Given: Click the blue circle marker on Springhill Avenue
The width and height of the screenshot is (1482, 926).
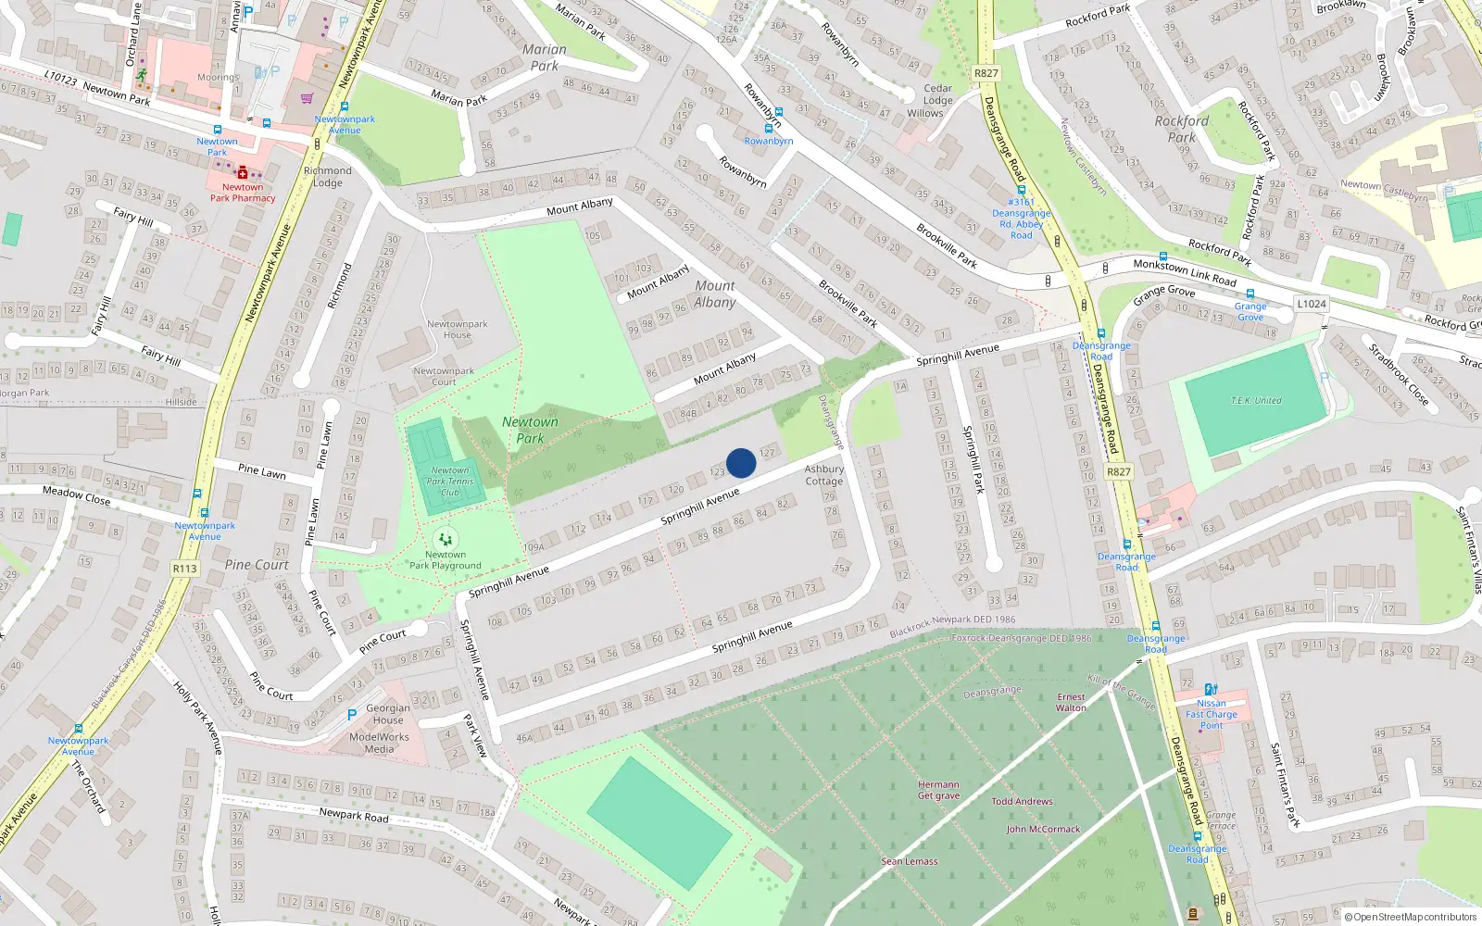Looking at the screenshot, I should (741, 463).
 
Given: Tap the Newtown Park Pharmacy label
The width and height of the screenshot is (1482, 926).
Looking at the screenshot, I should (242, 193).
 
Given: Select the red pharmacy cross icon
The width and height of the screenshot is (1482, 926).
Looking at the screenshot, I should (243, 172).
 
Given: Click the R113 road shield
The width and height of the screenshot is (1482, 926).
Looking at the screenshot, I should (184, 569).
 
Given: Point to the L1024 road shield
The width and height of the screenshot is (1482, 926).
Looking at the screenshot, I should (1311, 304).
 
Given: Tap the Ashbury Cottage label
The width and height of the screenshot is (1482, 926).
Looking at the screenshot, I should (823, 475).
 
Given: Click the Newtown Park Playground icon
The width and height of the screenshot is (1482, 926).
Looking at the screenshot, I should (446, 539).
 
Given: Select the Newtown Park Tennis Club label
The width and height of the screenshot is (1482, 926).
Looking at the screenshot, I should (450, 482).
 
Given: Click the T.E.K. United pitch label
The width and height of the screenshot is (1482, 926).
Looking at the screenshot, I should (1256, 401).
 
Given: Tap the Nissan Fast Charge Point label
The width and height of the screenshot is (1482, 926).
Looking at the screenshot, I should (1211, 714).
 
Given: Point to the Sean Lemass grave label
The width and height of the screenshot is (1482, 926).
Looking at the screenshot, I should (909, 861).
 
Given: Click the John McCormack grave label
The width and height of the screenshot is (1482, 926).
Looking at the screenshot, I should (1043, 830).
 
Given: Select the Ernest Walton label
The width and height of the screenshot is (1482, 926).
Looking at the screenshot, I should (1071, 702).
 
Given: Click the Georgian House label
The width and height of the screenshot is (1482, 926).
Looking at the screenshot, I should (388, 714).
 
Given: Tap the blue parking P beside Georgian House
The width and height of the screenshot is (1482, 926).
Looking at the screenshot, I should (352, 715).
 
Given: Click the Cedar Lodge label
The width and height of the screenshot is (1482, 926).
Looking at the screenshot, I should (937, 94).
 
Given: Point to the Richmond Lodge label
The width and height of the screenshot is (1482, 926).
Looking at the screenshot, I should (327, 177).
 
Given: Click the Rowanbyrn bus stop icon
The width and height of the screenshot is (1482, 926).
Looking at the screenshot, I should (768, 129).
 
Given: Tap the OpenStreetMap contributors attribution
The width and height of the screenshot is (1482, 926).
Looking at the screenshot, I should (1410, 918).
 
